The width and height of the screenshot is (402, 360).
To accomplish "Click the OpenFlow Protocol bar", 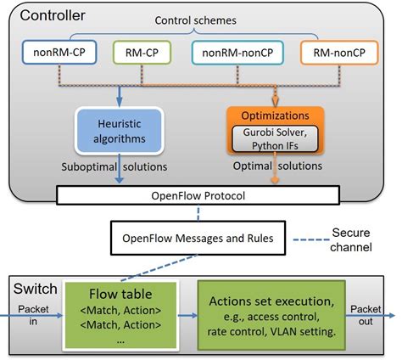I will coord(200,197).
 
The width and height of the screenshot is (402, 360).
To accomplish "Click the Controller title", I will coord(52,15).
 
